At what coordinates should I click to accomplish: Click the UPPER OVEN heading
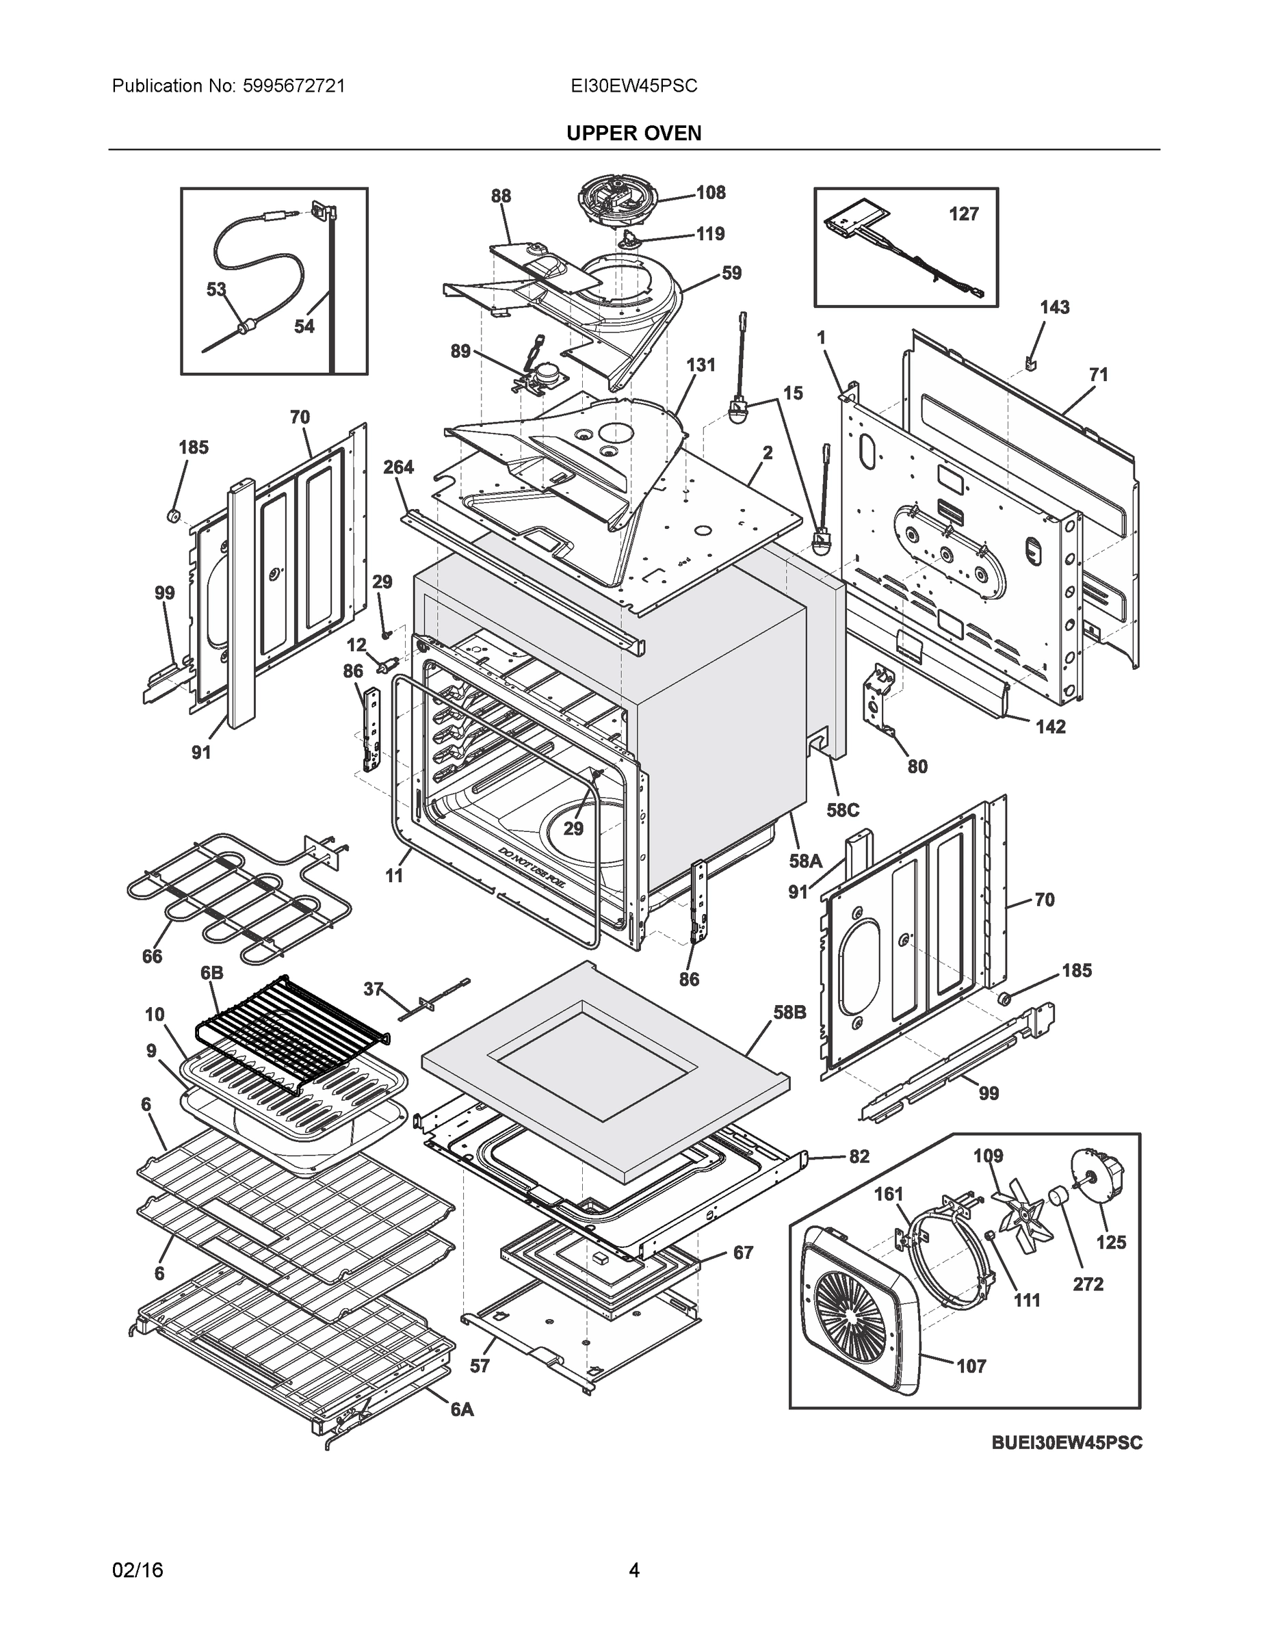[x=633, y=133]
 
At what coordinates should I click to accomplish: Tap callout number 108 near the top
[x=709, y=192]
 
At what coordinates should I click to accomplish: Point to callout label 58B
[x=789, y=1013]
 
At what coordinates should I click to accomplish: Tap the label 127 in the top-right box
[x=963, y=214]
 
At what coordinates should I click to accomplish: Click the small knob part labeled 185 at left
[x=174, y=516]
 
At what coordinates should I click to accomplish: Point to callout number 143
[x=1054, y=307]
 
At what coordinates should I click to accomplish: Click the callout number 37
[x=373, y=989]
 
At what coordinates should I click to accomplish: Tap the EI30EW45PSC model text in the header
[x=633, y=86]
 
